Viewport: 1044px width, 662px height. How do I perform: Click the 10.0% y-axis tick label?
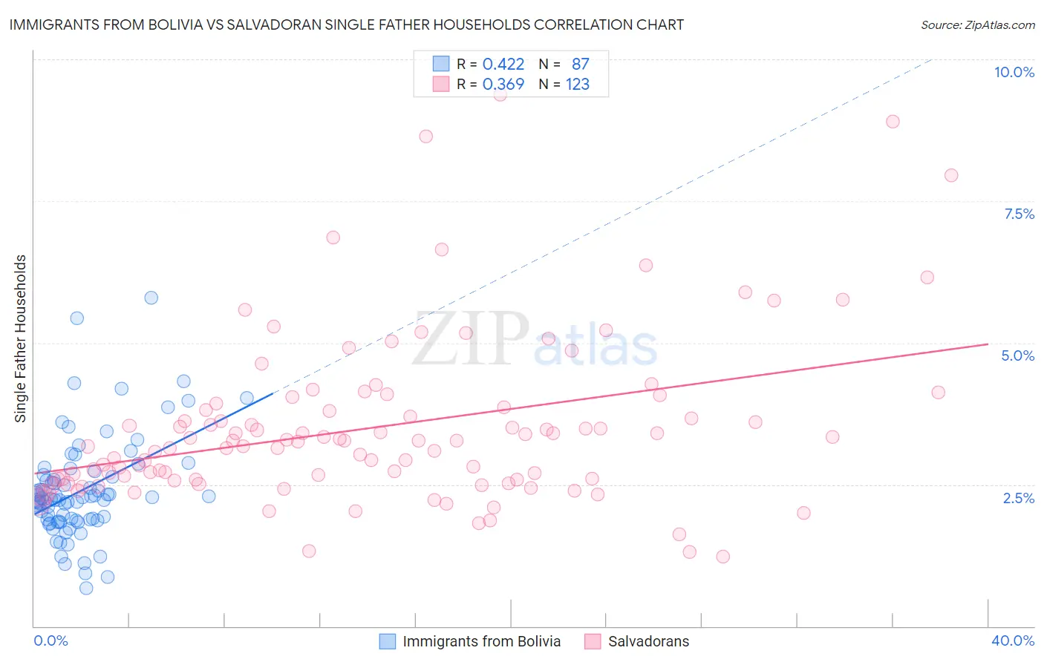[1014, 72]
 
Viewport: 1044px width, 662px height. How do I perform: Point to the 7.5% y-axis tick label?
[1019, 214]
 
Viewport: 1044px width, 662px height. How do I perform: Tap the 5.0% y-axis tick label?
[1017, 355]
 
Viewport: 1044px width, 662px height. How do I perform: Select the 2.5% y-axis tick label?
[1019, 498]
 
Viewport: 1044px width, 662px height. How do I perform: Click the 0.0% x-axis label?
[50, 640]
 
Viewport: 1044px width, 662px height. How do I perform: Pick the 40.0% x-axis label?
[1013, 640]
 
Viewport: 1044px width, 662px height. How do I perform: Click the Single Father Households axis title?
[21, 338]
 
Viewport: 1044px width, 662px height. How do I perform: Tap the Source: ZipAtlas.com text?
[977, 24]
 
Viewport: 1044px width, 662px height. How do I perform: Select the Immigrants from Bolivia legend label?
[481, 641]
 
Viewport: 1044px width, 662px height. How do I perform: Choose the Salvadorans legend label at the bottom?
[648, 641]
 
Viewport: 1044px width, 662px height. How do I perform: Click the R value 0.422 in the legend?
[503, 64]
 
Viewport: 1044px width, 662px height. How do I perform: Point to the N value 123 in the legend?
[578, 84]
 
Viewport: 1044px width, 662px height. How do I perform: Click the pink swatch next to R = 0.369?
[441, 84]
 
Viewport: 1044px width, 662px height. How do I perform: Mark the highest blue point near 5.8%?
[151, 298]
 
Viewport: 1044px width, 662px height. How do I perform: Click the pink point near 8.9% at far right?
[893, 121]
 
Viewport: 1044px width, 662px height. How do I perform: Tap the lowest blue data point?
[86, 588]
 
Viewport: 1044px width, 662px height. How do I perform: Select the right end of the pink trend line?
[988, 344]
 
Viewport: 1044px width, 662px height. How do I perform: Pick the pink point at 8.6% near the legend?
[425, 136]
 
